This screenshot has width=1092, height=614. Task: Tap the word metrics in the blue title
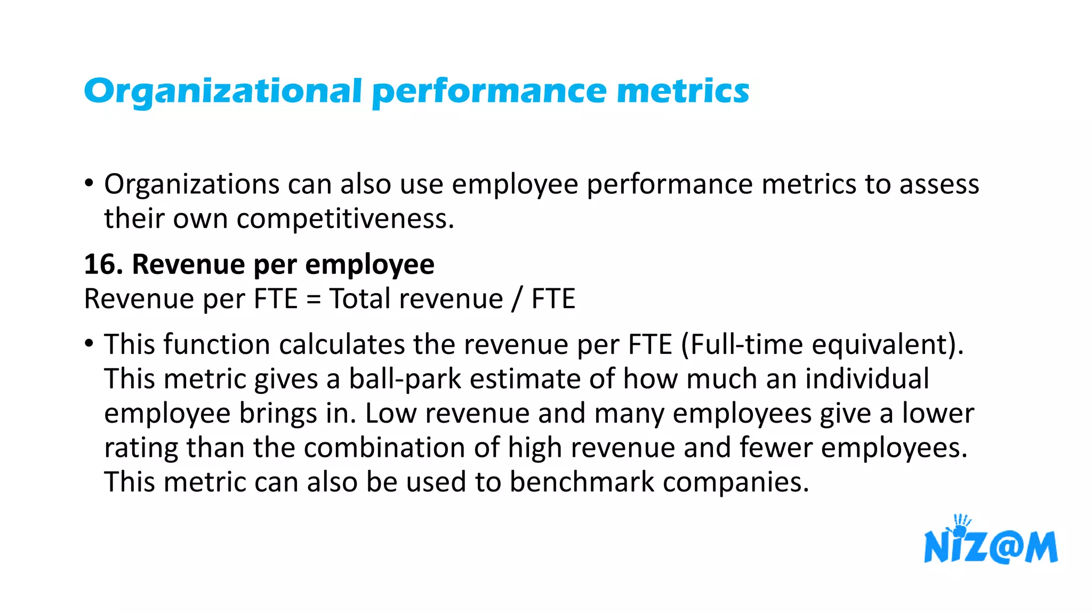(683, 91)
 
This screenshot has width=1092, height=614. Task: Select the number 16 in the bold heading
(100, 264)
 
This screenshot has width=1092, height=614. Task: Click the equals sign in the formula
(314, 299)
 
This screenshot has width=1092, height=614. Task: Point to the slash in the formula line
(516, 299)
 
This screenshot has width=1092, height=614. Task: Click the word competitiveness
(345, 219)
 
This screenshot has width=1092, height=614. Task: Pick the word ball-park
(405, 379)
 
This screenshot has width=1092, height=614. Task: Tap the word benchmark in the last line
(582, 482)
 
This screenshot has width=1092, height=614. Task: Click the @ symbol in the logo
(1004, 547)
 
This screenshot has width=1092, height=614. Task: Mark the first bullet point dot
(89, 184)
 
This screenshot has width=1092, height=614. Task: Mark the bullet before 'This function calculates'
(89, 344)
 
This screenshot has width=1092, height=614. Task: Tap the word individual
(867, 379)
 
